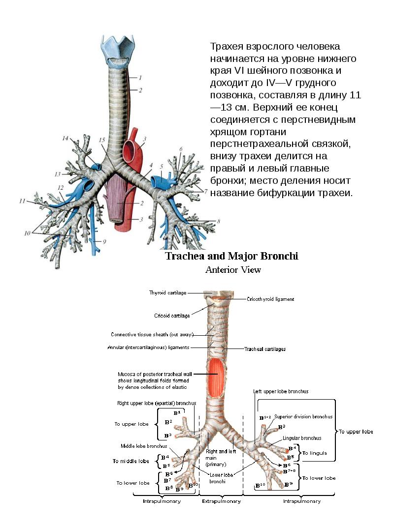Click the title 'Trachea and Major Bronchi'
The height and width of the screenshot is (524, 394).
tap(231, 256)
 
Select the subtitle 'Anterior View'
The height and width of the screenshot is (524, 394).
tap(233, 269)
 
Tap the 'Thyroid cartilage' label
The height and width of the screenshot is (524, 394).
tap(167, 293)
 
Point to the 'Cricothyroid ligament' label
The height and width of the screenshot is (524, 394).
tap(270, 298)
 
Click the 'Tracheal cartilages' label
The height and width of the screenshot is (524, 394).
tap(265, 349)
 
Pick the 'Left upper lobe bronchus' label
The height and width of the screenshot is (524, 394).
tap(281, 391)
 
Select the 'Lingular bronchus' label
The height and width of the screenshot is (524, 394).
tap(302, 437)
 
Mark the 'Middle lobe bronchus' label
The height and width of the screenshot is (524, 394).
tap(143, 446)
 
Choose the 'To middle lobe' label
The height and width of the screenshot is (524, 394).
tap(131, 461)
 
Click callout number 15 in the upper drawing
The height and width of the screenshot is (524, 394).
tap(102, 141)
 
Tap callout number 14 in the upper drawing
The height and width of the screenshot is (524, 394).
tap(66, 139)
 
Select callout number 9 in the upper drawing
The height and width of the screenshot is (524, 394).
tap(104, 241)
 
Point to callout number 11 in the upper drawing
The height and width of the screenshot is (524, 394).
tap(22, 201)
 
